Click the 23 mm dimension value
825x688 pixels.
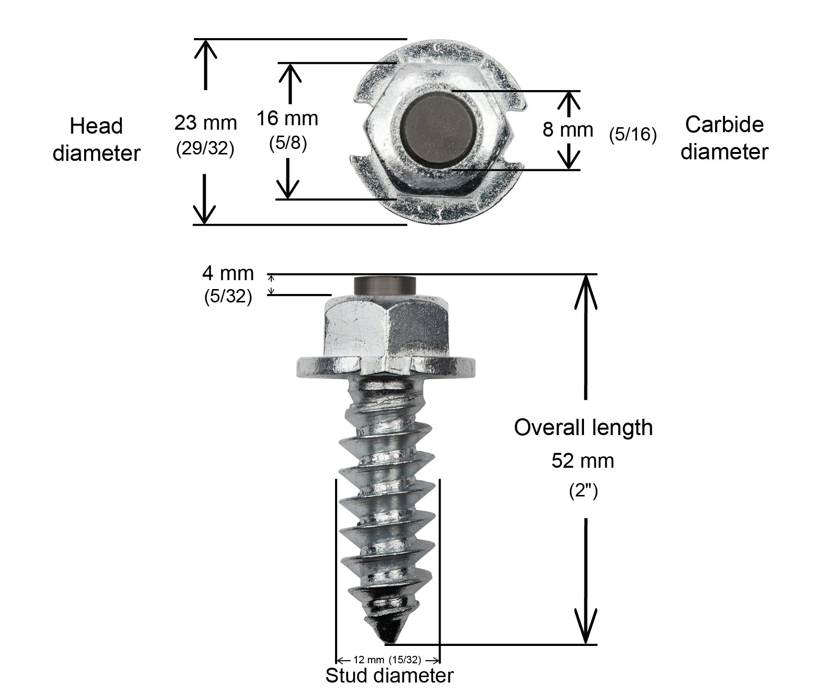point(205,123)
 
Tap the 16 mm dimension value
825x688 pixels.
point(287,119)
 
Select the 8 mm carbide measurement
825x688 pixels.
point(568,130)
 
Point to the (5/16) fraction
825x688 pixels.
point(633,135)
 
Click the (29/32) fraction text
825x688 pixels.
point(205,148)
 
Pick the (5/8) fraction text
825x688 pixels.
point(288,143)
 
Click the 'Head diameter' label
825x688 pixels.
point(97,140)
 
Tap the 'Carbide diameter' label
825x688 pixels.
point(724,138)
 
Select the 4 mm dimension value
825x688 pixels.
point(228,273)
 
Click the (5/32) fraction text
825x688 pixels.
point(228,296)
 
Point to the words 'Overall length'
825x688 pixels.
point(583,428)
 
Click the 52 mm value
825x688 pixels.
point(583,461)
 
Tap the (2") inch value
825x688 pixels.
point(583,491)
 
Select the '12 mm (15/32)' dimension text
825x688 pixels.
point(388,660)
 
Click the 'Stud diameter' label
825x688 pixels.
point(389,675)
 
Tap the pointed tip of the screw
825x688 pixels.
point(386,643)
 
